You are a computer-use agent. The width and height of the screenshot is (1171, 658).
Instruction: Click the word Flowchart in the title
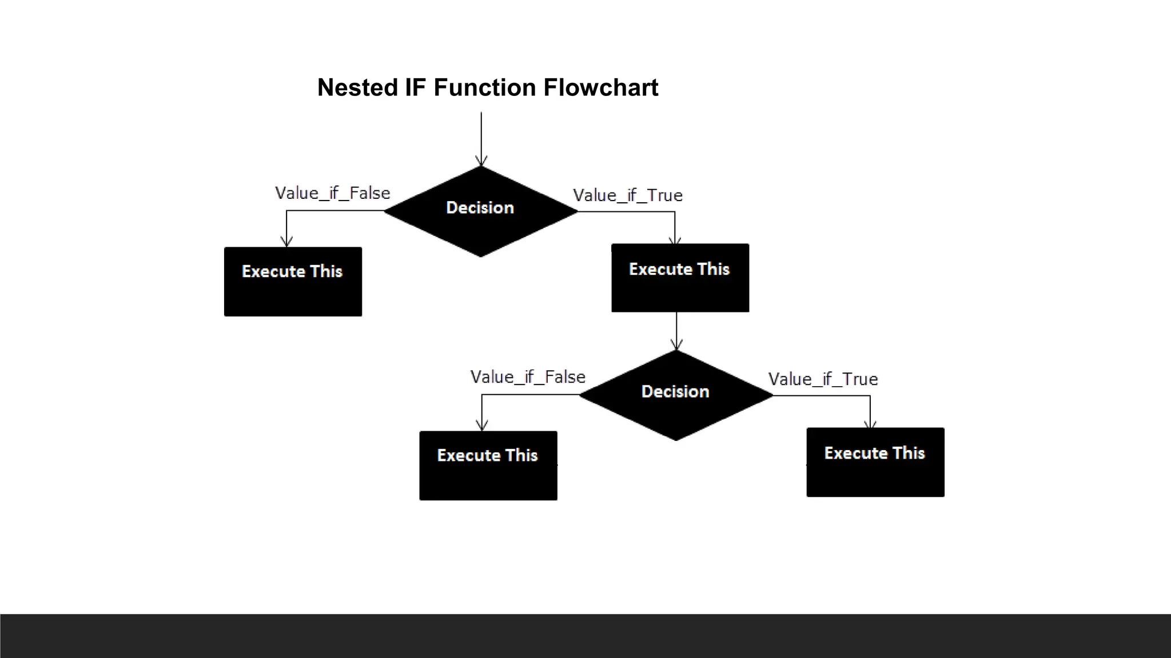pyautogui.click(x=600, y=88)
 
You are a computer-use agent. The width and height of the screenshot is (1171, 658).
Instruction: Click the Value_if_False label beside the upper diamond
pyautogui.click(x=332, y=193)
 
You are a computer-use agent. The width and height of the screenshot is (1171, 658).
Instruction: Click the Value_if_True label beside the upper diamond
pyautogui.click(x=627, y=195)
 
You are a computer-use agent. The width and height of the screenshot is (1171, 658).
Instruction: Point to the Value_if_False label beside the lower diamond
pyautogui.click(x=528, y=377)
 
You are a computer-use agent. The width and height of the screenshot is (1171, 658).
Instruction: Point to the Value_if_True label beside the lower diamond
pyautogui.click(x=823, y=379)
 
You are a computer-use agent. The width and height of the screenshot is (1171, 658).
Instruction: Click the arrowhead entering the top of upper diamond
pyautogui.click(x=481, y=161)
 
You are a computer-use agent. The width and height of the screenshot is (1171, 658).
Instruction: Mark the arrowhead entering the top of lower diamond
pyautogui.click(x=676, y=345)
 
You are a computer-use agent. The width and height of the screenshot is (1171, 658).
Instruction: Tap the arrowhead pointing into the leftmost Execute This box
pyautogui.click(x=286, y=242)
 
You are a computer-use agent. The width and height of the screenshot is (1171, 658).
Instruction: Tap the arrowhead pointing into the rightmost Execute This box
pyautogui.click(x=870, y=424)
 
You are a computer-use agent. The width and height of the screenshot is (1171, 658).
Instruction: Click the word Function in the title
pyautogui.click(x=484, y=88)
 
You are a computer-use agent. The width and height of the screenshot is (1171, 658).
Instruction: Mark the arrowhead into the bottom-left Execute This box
pyautogui.click(x=482, y=426)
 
